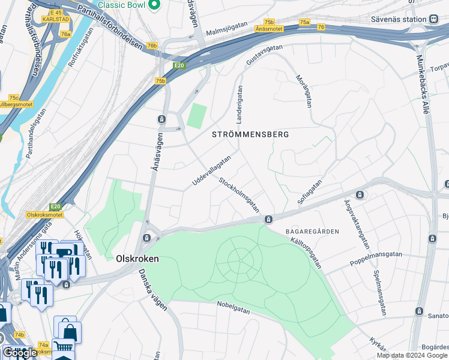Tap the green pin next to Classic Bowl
point(154,5)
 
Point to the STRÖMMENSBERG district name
point(250,134)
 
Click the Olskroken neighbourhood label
point(137,258)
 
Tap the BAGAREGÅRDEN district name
point(313,231)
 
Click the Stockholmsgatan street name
point(239,194)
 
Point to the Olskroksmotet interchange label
point(46,213)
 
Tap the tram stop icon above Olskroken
point(146,238)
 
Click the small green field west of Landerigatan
point(196,116)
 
